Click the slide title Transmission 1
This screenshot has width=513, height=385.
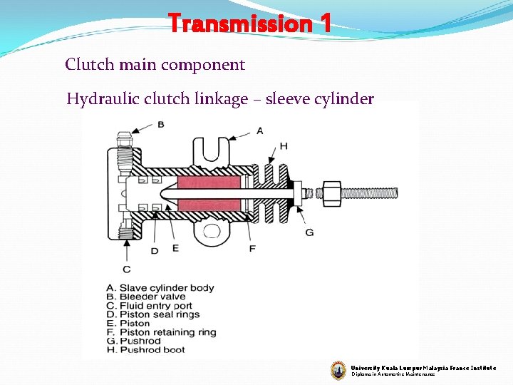tap(249, 24)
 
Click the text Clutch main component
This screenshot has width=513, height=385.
tap(155, 65)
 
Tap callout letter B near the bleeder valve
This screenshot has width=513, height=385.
tap(161, 124)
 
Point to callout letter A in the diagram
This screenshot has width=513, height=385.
tap(259, 130)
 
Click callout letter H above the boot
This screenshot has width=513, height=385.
tap(284, 145)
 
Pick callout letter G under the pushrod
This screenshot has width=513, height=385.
tap(309, 232)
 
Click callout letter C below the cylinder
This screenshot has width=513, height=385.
tap(127, 269)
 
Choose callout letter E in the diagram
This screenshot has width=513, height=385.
tap(175, 248)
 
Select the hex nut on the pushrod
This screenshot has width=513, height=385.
tap(331, 192)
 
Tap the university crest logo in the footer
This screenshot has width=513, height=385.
tap(338, 369)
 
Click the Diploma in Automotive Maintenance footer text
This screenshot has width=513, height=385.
tap(393, 374)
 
